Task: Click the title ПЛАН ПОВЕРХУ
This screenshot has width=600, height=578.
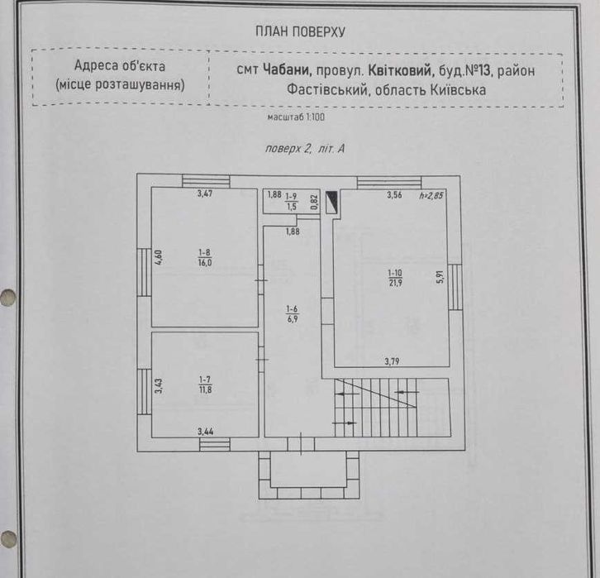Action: [x=300, y=32]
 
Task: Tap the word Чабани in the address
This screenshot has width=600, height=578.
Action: [x=287, y=70]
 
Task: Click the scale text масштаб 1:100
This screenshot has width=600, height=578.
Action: [x=296, y=118]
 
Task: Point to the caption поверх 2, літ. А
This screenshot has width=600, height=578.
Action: [x=303, y=149]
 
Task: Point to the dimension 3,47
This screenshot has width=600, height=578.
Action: [x=205, y=195]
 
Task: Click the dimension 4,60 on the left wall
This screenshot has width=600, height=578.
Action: [x=159, y=257]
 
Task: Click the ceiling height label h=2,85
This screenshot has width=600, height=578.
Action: [x=431, y=196]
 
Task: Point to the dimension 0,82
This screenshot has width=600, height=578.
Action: [x=315, y=201]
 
